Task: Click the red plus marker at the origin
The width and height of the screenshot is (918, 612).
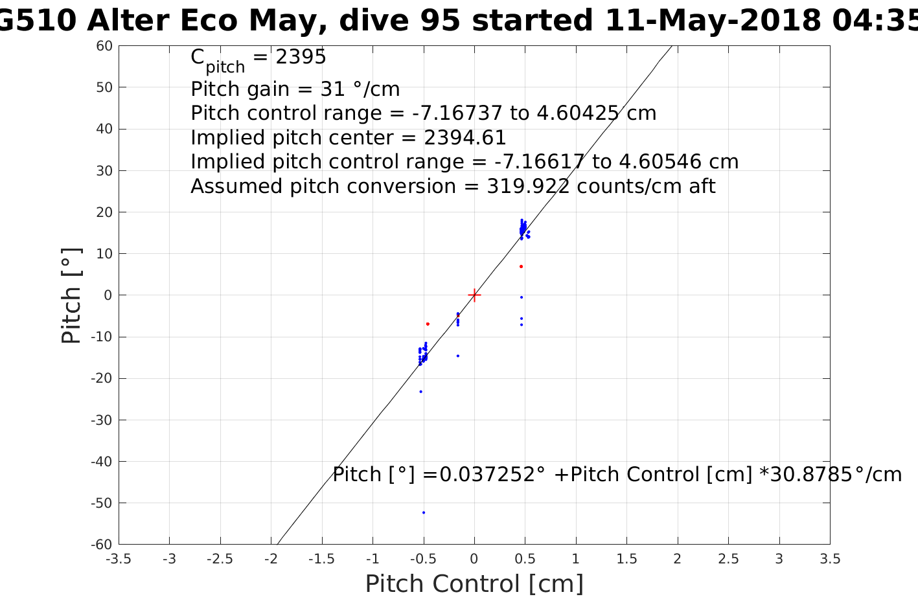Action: point(474,295)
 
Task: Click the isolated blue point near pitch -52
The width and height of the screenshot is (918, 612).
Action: point(424,512)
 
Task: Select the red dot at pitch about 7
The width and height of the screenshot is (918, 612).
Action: point(521,266)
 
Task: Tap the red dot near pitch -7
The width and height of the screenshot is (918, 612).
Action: point(428,324)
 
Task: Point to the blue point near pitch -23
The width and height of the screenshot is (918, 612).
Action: point(420,391)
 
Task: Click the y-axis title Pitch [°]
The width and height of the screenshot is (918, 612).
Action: point(71,295)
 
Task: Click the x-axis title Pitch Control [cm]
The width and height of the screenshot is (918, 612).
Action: point(474,584)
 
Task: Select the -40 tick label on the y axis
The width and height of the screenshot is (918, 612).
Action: point(101,461)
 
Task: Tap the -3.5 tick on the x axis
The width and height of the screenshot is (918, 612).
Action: point(118,559)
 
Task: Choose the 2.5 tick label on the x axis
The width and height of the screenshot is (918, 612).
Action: point(728,559)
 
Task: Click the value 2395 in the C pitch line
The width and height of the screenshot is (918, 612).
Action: point(301,58)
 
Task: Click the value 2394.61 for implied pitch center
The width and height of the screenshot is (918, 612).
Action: point(465,138)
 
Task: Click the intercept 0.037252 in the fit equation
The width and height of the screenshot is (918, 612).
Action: point(489,475)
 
